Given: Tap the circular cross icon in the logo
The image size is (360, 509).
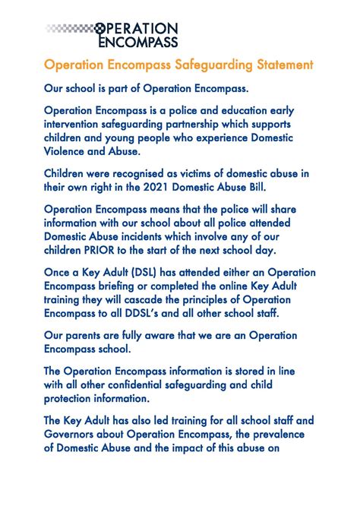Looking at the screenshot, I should (99, 29).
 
